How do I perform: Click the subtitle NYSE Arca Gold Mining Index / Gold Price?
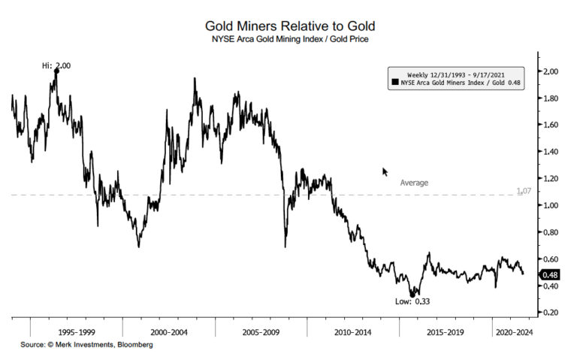(x=288, y=38)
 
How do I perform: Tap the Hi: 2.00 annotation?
(x=56, y=65)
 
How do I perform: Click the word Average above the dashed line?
(x=414, y=183)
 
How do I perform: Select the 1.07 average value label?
(x=524, y=192)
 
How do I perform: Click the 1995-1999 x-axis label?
(x=77, y=331)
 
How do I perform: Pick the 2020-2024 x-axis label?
(x=514, y=331)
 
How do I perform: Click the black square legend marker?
(x=394, y=83)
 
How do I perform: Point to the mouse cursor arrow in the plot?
(x=385, y=171)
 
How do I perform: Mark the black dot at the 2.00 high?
(x=56, y=71)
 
